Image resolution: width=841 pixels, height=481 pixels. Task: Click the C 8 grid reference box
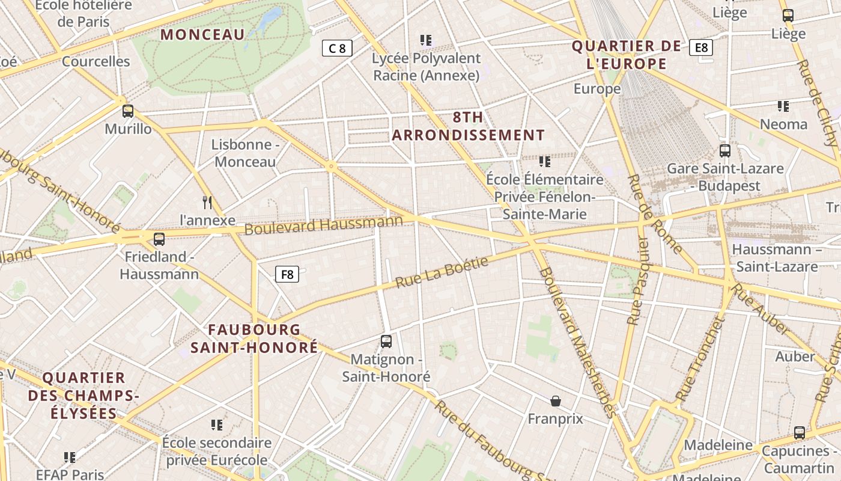pyautogui.click(x=337, y=48)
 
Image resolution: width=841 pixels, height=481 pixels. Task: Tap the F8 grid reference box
pyautogui.click(x=287, y=275)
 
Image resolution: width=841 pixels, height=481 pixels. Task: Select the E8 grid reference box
pyautogui.click(x=701, y=47)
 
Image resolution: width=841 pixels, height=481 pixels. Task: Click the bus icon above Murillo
pyautogui.click(x=128, y=111)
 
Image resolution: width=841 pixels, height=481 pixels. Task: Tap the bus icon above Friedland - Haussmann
pyautogui.click(x=159, y=239)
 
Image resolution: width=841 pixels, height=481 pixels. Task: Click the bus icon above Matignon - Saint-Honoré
pyautogui.click(x=386, y=342)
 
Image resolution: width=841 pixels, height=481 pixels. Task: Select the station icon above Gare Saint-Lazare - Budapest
pyautogui.click(x=725, y=151)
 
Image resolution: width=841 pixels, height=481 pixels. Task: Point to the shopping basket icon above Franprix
pyautogui.click(x=556, y=401)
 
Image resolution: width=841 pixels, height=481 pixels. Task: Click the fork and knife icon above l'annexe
pyautogui.click(x=208, y=202)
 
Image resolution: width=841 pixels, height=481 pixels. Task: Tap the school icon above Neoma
pyautogui.click(x=783, y=106)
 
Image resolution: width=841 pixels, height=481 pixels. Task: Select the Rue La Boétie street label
pyautogui.click(x=442, y=271)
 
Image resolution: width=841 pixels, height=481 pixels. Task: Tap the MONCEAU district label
pyautogui.click(x=203, y=34)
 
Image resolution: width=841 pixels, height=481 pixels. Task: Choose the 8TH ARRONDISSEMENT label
pyautogui.click(x=469, y=126)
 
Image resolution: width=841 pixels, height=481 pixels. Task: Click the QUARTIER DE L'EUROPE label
pyautogui.click(x=627, y=55)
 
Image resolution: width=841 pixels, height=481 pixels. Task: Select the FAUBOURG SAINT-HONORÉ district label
pyautogui.click(x=254, y=339)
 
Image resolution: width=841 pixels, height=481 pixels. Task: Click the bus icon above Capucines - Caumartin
pyautogui.click(x=800, y=432)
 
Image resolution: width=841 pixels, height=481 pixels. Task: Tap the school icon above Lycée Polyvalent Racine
pyautogui.click(x=426, y=40)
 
